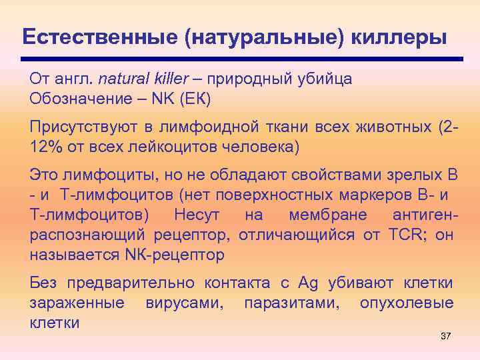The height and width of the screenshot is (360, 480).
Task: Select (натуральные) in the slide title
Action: tap(265, 36)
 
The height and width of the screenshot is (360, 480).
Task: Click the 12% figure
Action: tap(44, 146)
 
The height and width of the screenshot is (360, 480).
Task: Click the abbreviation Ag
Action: tap(309, 283)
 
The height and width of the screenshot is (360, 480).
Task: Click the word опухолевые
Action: tap(407, 303)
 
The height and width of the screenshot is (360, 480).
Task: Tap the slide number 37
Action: tap(446, 336)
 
